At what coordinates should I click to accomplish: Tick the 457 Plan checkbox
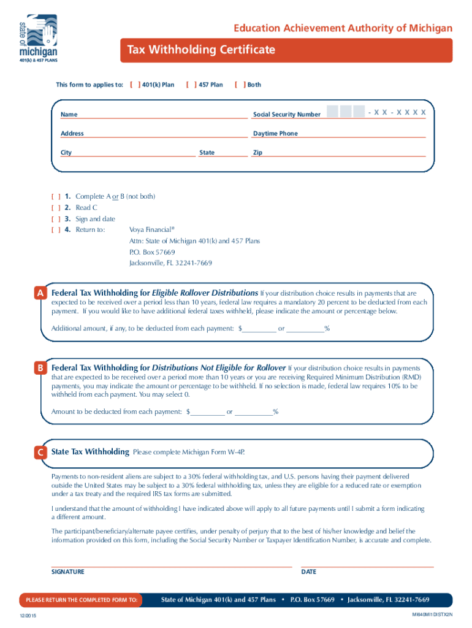tap(191, 85)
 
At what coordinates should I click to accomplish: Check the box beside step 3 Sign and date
tap(56, 219)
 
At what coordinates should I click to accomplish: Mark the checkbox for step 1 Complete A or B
tap(56, 196)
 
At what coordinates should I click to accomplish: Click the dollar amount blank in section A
tap(259, 329)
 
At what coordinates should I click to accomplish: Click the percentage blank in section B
tap(253, 412)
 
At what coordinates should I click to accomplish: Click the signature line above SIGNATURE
tap(172, 566)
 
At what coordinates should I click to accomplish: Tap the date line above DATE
tap(367, 566)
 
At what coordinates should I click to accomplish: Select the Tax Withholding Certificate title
tap(200, 50)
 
